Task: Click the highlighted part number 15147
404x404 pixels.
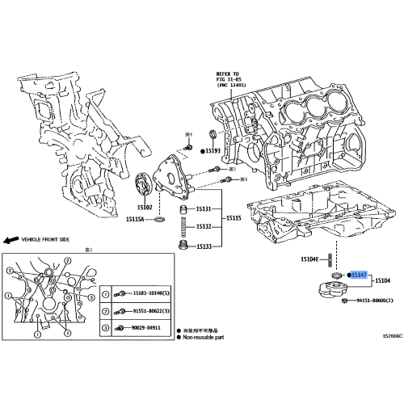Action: point(359,275)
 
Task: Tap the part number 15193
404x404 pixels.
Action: point(213,150)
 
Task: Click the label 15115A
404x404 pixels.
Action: point(136,220)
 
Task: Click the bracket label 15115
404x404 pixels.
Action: point(233,218)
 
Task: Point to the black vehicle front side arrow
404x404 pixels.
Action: point(10,240)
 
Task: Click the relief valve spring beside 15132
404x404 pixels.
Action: point(183,225)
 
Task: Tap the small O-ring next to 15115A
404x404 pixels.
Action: point(159,220)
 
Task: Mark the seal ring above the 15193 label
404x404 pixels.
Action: point(213,133)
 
